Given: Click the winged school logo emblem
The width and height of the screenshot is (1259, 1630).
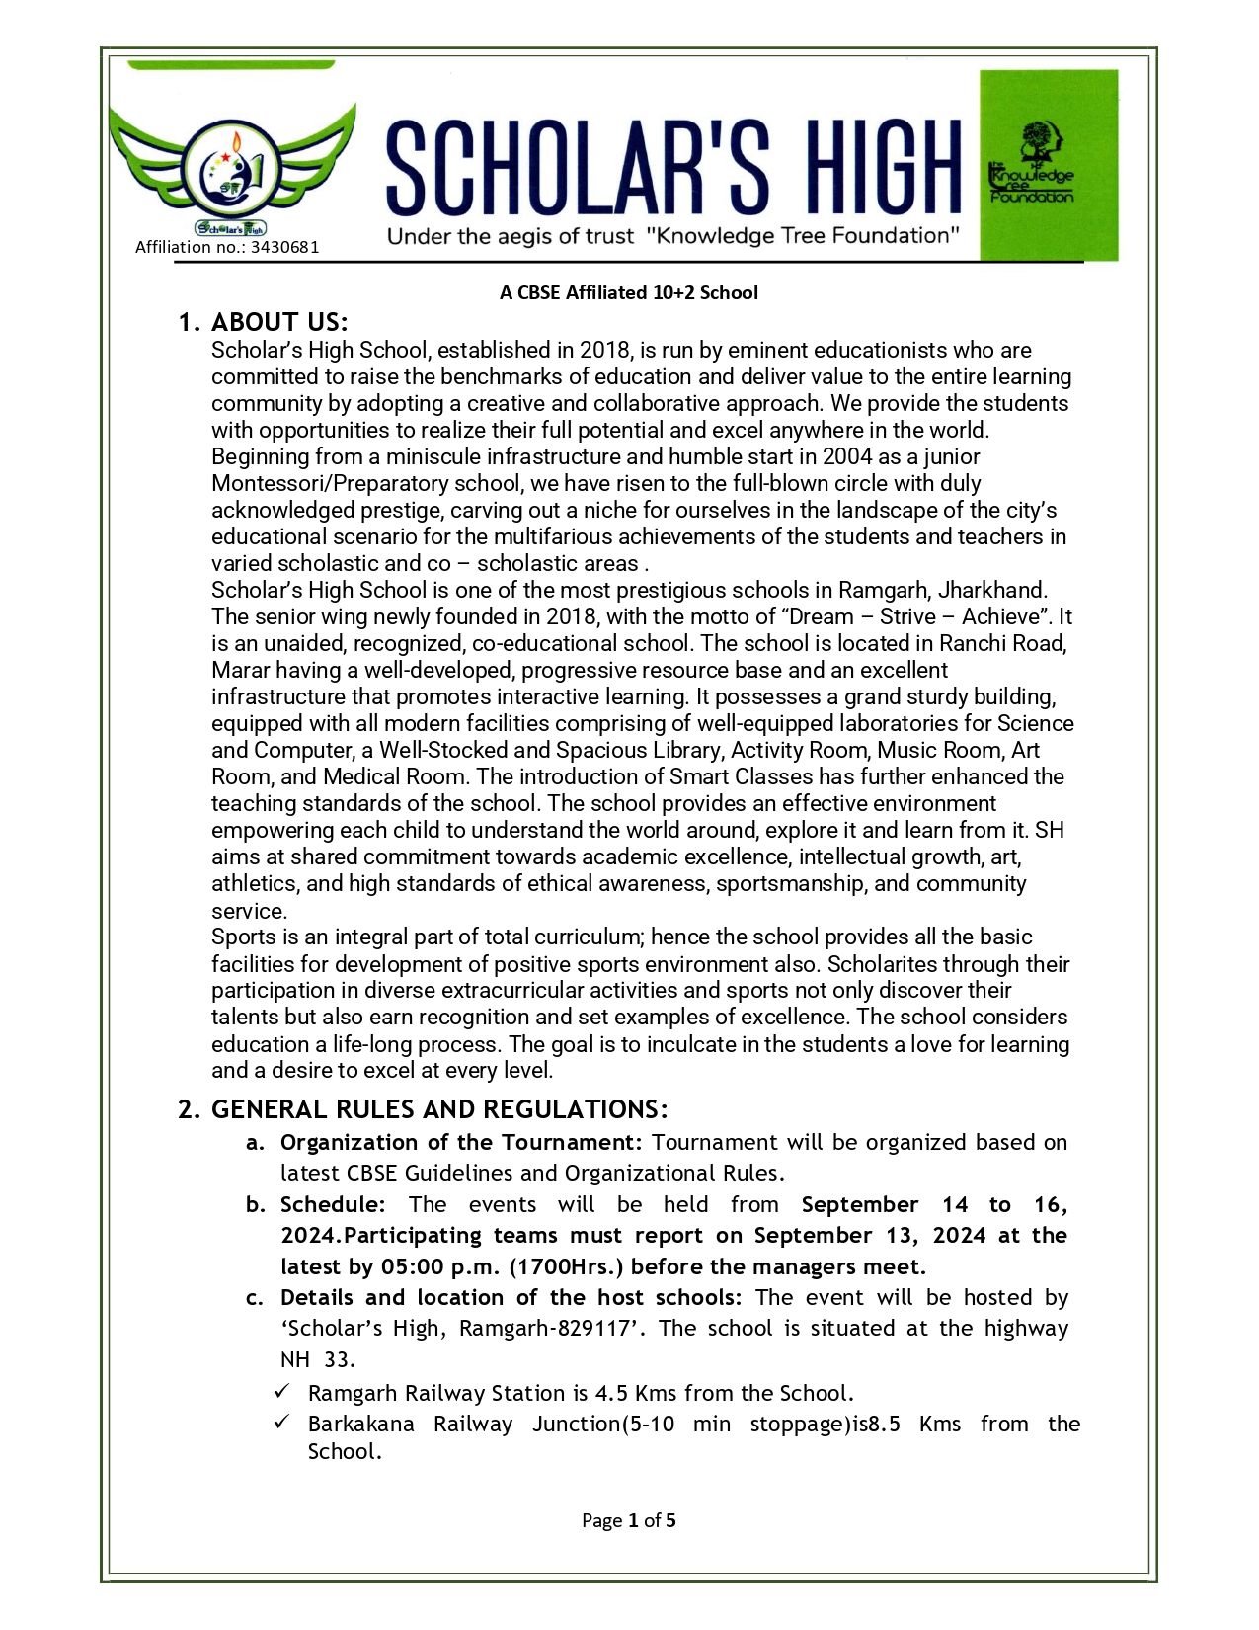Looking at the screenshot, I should pos(232,169).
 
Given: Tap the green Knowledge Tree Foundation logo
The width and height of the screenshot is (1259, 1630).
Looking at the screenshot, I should pos(1048,164).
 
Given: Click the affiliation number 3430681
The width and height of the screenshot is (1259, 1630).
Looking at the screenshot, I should pos(284,247).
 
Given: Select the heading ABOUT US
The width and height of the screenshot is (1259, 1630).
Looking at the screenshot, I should pos(279,322).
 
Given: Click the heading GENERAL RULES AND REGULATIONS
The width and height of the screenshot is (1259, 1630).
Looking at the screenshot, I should pos(439,1109).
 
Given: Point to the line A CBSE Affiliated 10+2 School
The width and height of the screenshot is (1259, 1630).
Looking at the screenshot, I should pos(629,292).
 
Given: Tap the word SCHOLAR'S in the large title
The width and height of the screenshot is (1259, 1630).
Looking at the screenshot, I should pos(577,168).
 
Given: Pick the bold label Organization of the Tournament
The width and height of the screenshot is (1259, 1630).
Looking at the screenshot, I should pos(461,1142).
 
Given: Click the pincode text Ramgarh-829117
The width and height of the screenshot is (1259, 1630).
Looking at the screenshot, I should pos(545,1328).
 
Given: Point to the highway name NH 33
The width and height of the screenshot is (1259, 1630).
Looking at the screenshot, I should pos(316,1359).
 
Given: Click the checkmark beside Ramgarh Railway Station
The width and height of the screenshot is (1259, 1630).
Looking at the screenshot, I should pos(282,1391).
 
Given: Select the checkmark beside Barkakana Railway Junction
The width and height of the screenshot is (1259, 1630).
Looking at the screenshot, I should pos(282,1422).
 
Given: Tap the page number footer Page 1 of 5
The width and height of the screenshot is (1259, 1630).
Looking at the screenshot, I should pos(629,1520).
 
